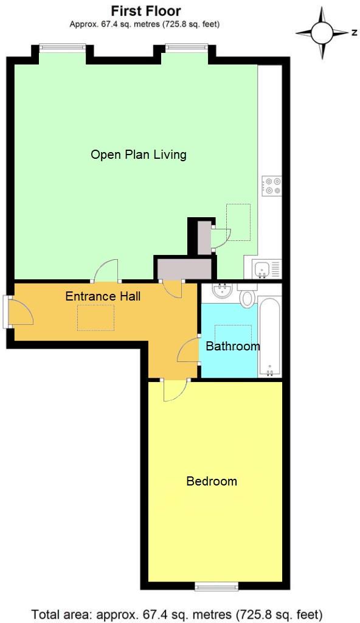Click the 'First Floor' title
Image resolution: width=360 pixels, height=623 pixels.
pos(145,11)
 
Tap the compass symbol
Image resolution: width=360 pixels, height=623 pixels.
pos(324,32)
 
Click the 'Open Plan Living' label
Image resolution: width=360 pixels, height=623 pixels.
pos(138,155)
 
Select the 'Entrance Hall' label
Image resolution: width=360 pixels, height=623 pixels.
pos(103,296)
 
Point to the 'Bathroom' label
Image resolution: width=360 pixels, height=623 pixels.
pos(232,346)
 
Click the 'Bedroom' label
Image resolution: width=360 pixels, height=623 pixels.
pos(211,481)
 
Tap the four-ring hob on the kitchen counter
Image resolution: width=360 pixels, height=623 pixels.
pos(271,186)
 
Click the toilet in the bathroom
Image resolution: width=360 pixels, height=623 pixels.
pos(247,298)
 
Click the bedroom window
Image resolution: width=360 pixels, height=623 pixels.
pos(216,586)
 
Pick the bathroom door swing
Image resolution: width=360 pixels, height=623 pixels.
pos(189,350)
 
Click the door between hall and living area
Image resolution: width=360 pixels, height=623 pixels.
pos(107,271)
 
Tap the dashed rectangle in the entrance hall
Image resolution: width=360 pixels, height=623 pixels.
pos(95,317)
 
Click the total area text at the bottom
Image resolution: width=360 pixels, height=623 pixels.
pos(177,613)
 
